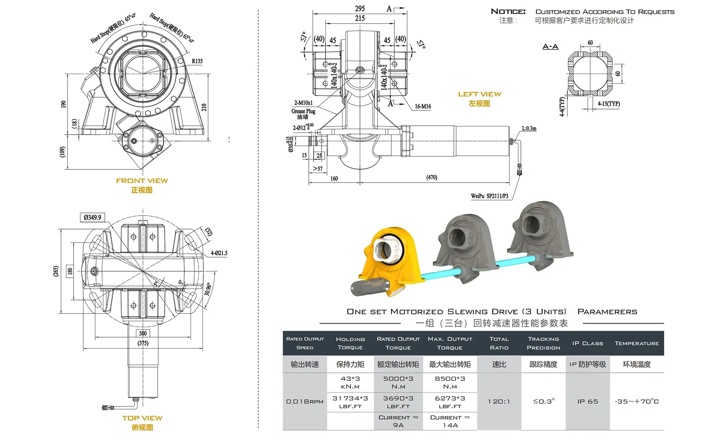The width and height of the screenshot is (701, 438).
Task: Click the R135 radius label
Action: pos(197,61)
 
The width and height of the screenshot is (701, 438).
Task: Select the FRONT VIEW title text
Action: pos(142,180)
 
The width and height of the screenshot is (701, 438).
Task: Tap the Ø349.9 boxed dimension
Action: pos(92,217)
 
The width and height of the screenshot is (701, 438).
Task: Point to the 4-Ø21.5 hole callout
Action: pos(219,253)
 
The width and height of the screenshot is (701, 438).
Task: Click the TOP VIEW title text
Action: pos(142,418)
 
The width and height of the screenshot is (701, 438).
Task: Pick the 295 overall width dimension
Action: pos(360,8)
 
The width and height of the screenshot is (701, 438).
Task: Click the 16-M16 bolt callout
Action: pos(423,106)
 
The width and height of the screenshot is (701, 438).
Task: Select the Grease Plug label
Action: pos(303,111)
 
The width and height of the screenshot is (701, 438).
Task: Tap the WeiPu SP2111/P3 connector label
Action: pos(489,196)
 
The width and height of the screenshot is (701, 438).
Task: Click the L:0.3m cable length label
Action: pos(529,128)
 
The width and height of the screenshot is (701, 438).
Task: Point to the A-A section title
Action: pos(550,46)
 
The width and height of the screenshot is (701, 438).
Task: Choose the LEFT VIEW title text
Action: pos(479,94)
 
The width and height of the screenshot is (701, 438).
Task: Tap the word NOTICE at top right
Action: pos(508,11)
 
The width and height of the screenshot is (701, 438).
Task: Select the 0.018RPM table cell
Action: pos(305,401)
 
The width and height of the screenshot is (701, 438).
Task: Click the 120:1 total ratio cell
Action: pos(499,401)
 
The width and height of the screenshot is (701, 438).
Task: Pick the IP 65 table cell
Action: pos(588,401)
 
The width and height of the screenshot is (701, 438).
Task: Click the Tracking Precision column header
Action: pos(543,343)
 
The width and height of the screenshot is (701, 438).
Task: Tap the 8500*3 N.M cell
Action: pos(450,382)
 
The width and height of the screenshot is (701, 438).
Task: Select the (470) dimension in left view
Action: pos(432,177)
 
